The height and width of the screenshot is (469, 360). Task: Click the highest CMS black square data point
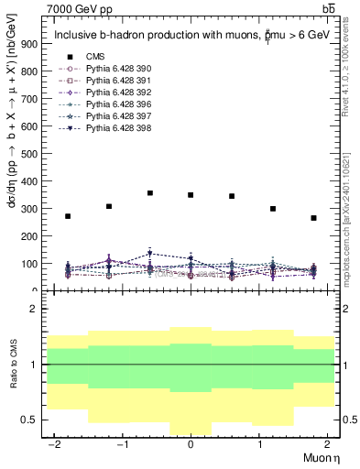click(150, 193)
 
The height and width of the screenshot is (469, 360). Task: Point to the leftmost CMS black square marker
click(68, 216)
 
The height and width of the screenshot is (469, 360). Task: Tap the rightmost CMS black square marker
click(313, 218)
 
